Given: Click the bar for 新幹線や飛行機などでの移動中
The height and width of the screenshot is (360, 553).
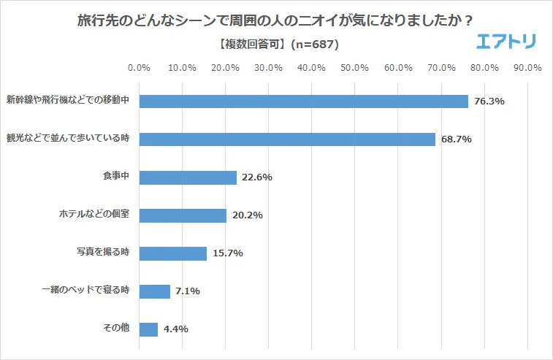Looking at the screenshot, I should pos(303,102).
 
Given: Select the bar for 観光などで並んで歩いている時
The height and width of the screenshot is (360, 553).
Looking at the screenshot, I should pos(287,139).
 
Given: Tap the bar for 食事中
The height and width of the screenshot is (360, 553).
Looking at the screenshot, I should pos(188,177).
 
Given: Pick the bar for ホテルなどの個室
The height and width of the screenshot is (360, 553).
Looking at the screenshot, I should pos(183,215).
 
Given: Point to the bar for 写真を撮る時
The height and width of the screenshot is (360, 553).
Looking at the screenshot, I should pos(172,253).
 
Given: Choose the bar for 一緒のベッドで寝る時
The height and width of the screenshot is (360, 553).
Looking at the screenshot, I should pos(154,291).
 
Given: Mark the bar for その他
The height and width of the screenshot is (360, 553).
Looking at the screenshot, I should pos(148,329).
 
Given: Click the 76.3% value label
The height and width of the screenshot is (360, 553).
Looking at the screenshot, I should pos(489,102).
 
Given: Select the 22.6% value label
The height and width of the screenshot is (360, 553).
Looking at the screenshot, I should pos(257,177).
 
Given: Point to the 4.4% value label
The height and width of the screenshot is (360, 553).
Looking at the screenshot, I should pos(176,329).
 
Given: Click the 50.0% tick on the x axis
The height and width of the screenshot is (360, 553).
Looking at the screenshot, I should pos(355,68).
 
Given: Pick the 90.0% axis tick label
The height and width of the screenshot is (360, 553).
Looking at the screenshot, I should pos(527,68).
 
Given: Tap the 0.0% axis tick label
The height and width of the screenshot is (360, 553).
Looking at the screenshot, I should pos(139,68).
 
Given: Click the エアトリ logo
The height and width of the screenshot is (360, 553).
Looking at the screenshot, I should pos(506,42).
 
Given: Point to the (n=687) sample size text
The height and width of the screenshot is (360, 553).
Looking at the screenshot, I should pos(314,45).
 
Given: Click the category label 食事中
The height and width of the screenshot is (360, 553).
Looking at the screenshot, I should pos(115,177).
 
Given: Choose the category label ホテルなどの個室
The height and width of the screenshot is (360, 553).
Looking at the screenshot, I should pos(94,215).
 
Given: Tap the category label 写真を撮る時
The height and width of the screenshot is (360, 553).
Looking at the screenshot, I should pos(103,253).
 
